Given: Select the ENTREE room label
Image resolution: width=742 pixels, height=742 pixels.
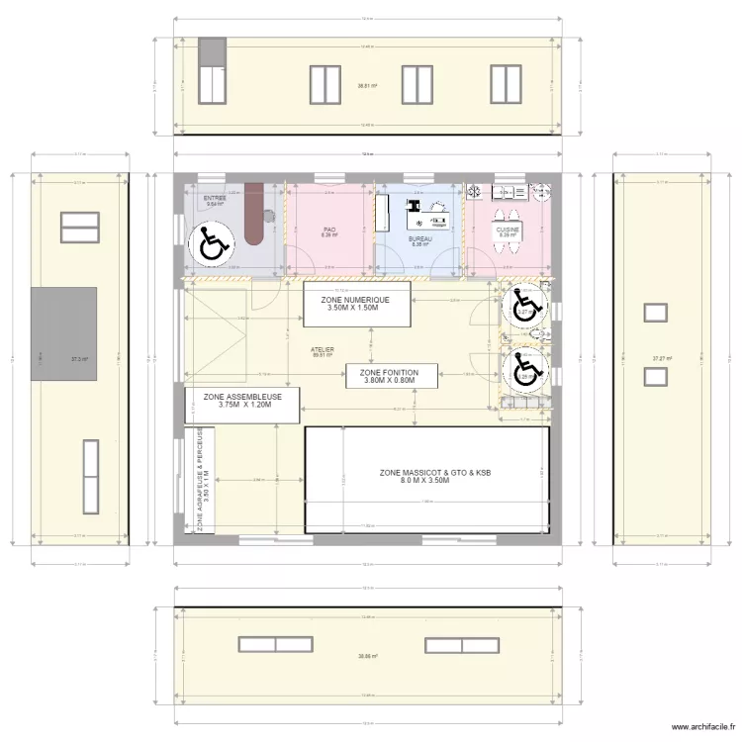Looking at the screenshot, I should tap(215, 201).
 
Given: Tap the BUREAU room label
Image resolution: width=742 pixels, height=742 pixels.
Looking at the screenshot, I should tap(419, 240).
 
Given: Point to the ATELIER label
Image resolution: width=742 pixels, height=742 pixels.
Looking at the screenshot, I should tap(322, 351).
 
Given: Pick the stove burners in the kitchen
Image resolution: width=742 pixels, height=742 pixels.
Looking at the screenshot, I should tap(476, 190).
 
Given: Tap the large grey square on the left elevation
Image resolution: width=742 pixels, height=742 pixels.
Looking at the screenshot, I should tap(63, 334).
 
